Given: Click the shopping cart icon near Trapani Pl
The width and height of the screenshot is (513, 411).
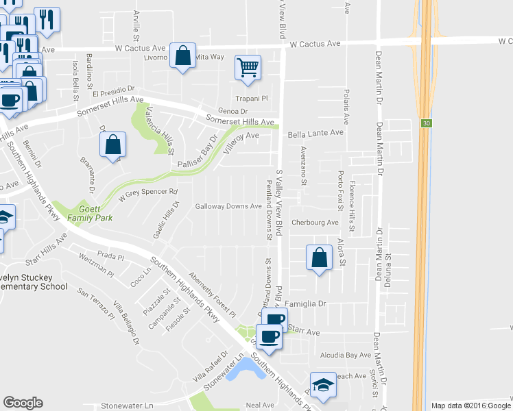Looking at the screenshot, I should click(x=248, y=67).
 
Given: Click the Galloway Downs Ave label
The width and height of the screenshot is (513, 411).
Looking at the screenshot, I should click(x=228, y=206).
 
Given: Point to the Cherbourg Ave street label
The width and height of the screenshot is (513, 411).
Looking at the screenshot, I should click(x=315, y=223).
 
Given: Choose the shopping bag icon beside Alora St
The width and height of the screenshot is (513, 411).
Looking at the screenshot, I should click(x=319, y=258).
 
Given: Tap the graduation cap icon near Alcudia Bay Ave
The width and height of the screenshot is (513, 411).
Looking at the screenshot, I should click(x=322, y=385).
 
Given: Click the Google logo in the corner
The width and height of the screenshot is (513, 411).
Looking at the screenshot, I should click(x=23, y=403).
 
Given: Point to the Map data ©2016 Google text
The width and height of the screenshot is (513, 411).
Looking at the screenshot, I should click(x=469, y=406).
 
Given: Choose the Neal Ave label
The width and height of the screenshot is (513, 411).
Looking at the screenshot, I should click(x=260, y=406).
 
